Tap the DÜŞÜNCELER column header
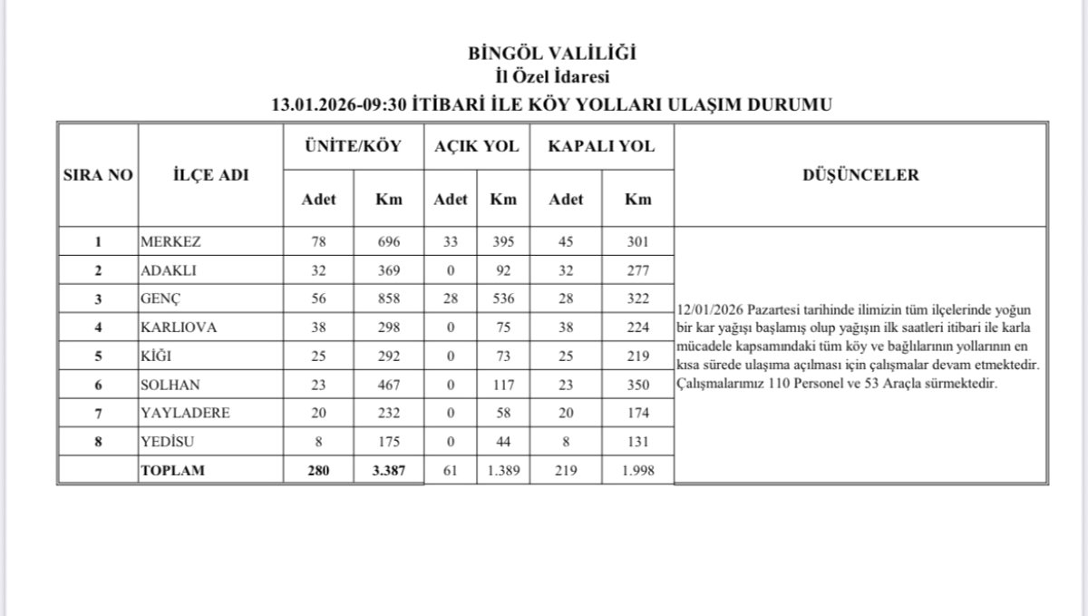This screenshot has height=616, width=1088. coord(860,175)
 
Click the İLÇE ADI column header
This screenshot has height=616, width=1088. coord(209,175)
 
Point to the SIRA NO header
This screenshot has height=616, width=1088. coord(97,175)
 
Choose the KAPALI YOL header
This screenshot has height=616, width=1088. coord(600,145)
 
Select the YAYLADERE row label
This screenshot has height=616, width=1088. coord(185,413)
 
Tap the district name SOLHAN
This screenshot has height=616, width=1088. coord(170,385)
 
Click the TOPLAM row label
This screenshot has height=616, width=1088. coord(171,470)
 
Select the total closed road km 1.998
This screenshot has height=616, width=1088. coord(638,470)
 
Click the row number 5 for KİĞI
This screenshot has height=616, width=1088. coord(97,357)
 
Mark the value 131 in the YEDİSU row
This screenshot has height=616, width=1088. coord(638,442)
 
